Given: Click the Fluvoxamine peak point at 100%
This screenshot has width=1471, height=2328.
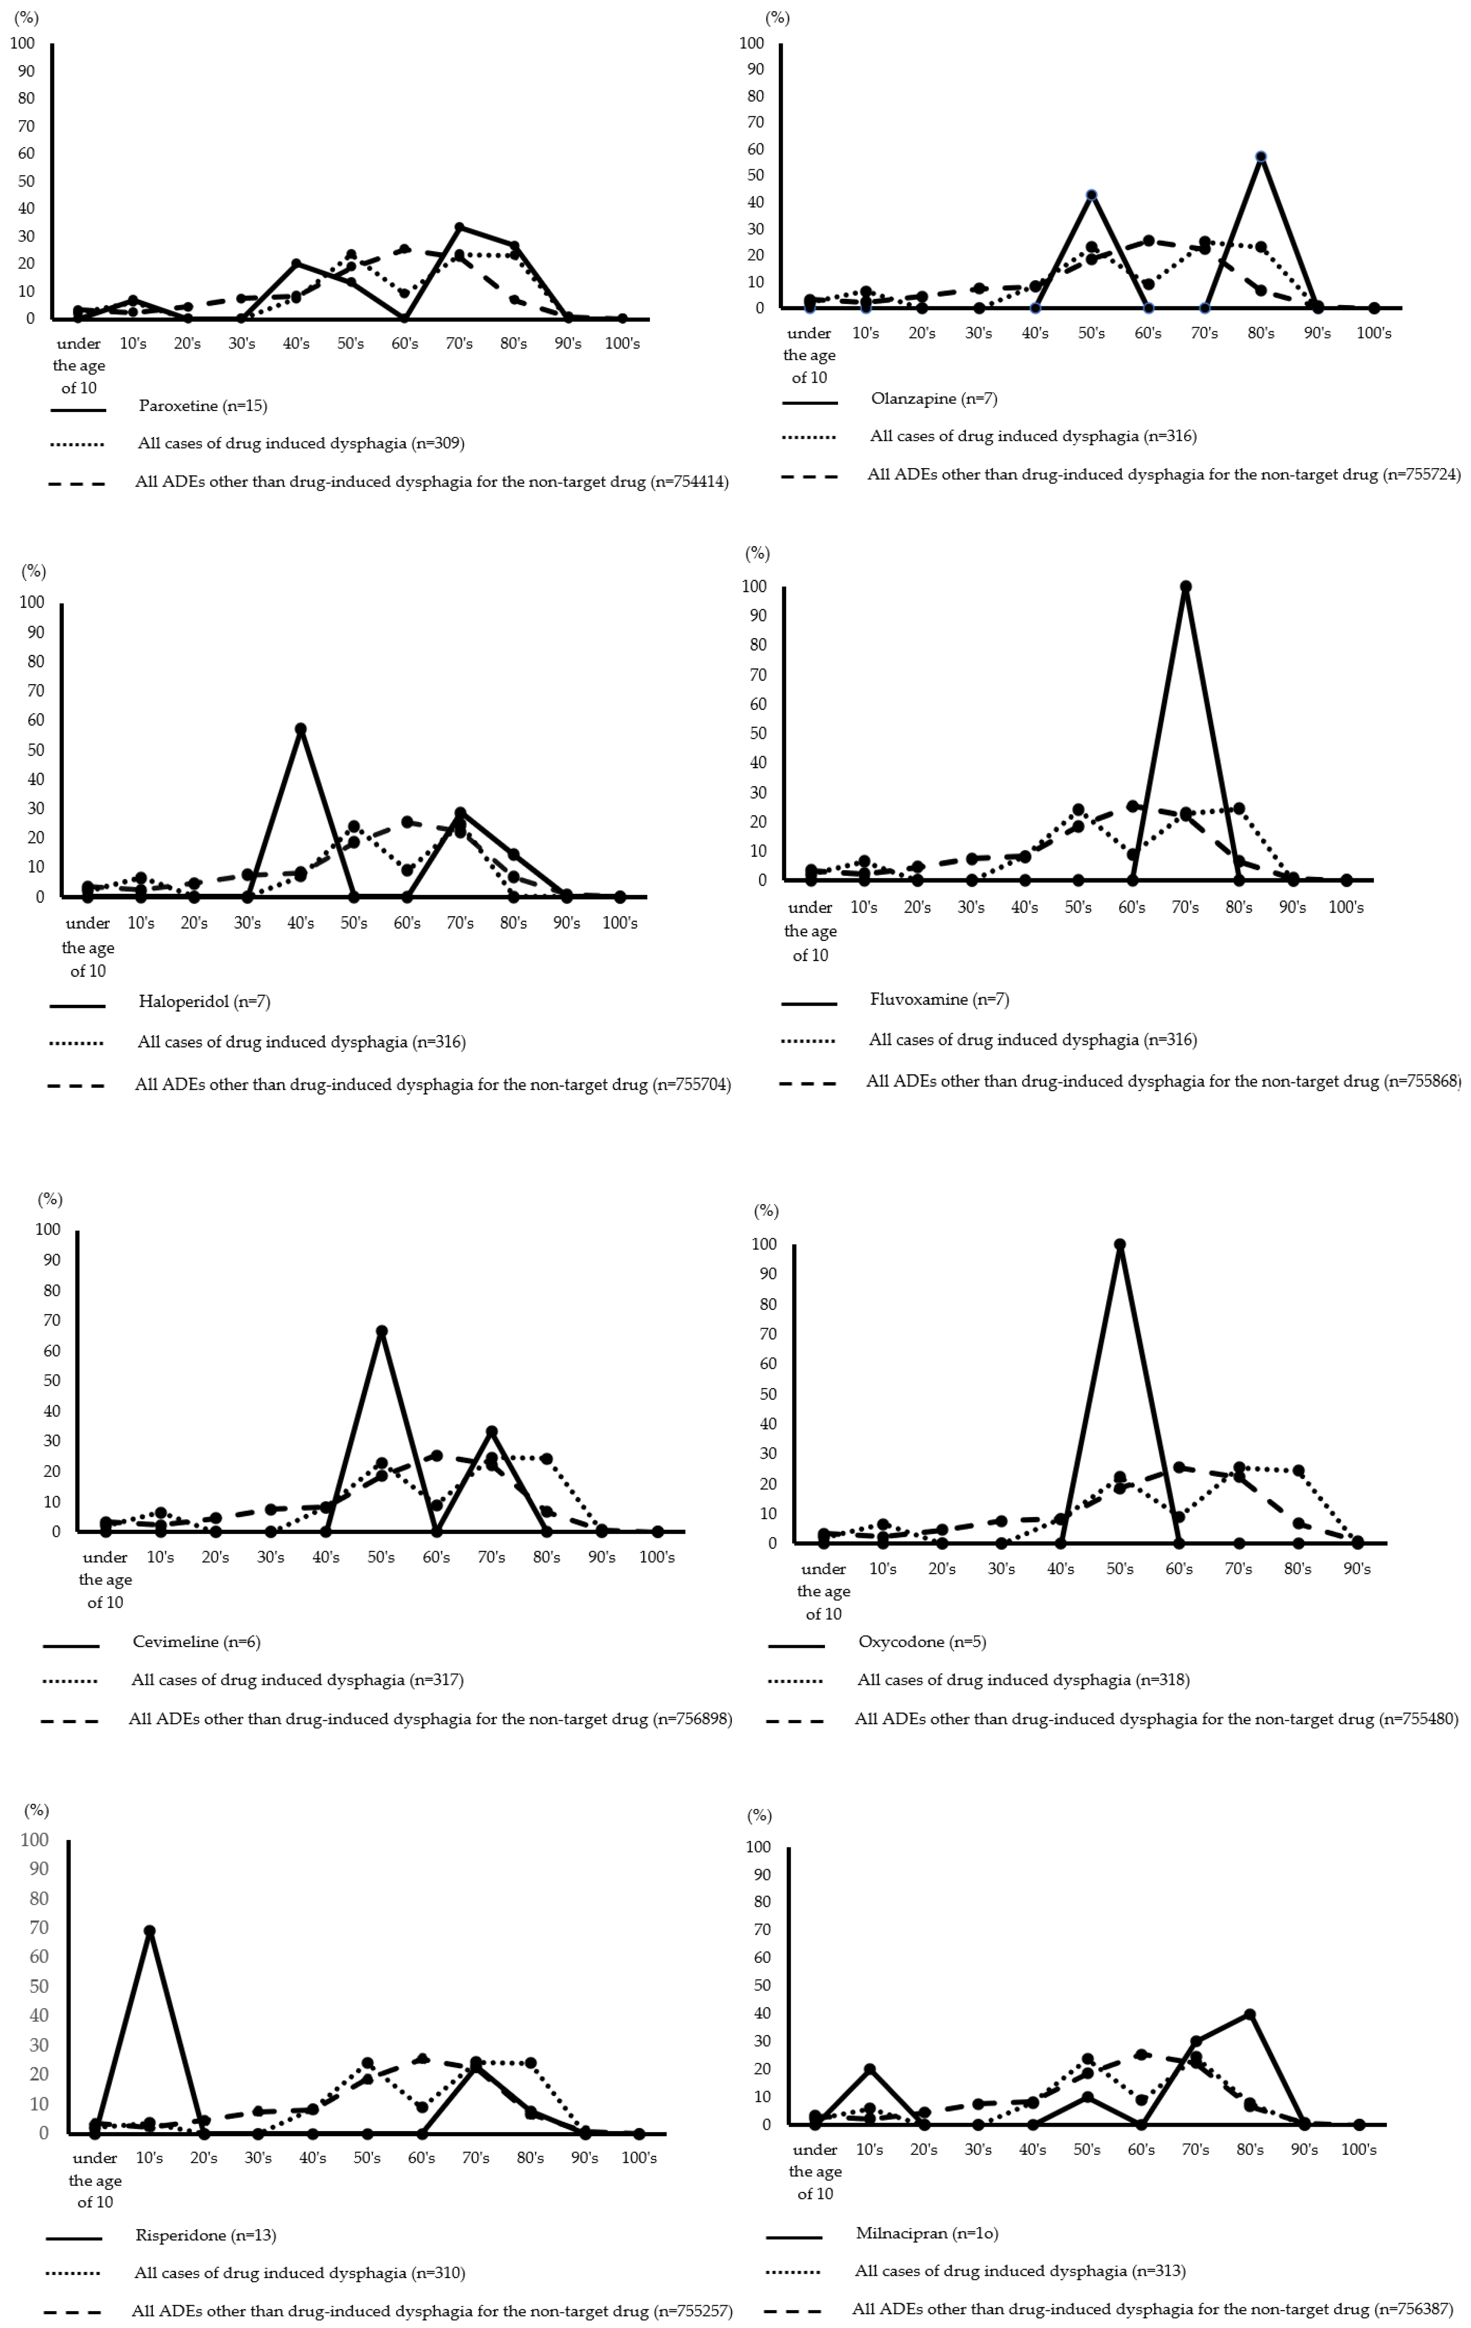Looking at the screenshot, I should point(1186,587).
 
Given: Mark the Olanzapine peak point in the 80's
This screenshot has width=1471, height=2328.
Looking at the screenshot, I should point(1260,157).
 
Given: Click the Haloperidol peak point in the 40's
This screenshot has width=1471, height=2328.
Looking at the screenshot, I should point(301,729).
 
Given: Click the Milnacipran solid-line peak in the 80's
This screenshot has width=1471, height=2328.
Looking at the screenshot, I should point(1250,2014).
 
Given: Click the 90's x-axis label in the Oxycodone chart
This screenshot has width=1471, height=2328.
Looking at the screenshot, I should point(1357,1568).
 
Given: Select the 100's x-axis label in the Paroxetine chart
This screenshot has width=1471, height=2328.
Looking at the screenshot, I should point(622,343).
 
